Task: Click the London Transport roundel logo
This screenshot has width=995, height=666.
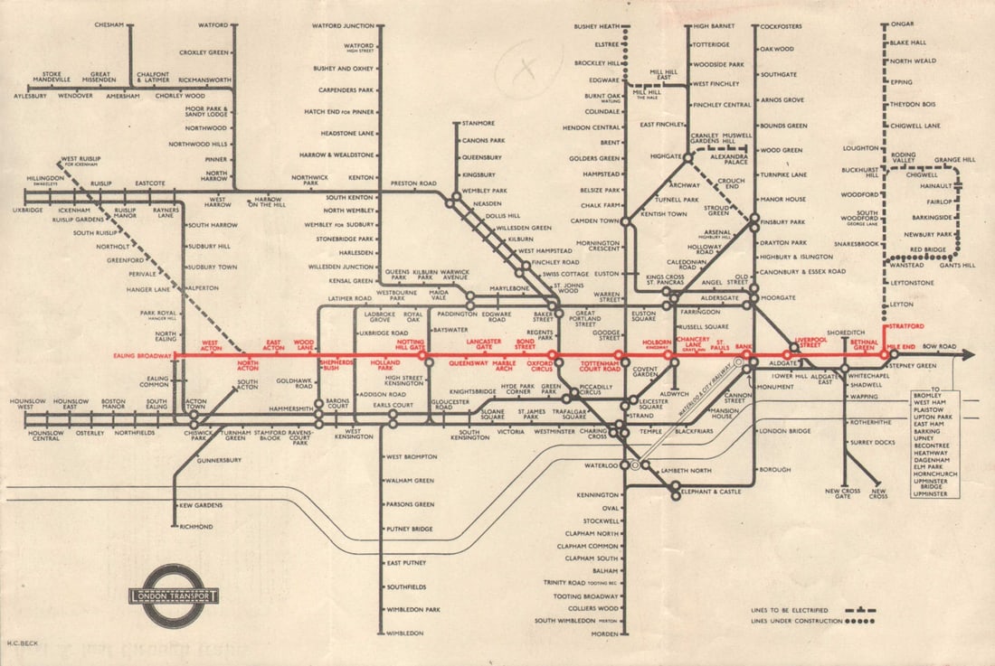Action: coord(174,596)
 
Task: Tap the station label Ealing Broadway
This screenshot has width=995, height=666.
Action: coord(142,356)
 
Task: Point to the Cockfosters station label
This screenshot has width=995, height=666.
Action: coord(782,27)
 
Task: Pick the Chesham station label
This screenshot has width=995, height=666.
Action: coord(109,25)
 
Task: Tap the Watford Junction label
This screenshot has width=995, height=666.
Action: coord(343,25)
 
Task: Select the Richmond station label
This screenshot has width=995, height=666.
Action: coord(195,526)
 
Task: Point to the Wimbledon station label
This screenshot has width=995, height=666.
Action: coord(404,633)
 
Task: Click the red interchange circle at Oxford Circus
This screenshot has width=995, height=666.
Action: coord(553,355)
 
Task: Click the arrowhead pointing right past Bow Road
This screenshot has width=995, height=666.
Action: coord(967,355)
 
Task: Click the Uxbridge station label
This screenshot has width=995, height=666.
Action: coord(28,211)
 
